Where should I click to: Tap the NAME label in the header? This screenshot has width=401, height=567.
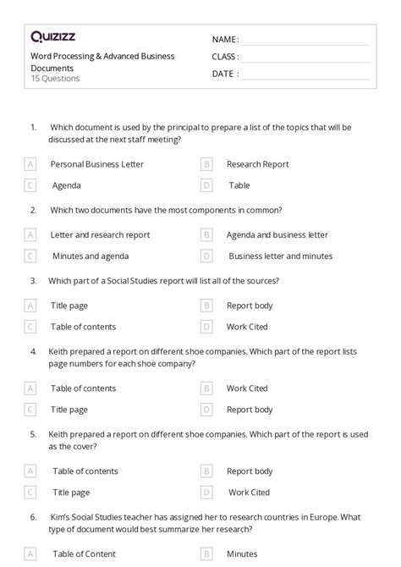coord(224,40)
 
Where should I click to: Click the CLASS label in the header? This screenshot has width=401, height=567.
coord(225,57)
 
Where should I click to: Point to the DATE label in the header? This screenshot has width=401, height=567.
coord(223,74)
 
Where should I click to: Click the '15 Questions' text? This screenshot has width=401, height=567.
coord(55,79)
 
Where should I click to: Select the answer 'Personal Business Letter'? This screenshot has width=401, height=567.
coord(97,164)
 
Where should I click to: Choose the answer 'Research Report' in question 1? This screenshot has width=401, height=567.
coord(257,164)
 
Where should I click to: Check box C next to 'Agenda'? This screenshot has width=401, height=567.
coord(30,184)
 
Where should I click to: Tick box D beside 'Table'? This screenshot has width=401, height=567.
coord(206,184)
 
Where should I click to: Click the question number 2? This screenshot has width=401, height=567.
coord(33,209)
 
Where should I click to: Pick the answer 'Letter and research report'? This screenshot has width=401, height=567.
coord(100,234)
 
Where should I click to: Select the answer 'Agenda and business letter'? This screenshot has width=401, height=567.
coord(277,234)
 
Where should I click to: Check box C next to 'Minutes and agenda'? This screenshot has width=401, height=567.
coord(30,256)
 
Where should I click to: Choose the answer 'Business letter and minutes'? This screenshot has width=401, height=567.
coord(280,256)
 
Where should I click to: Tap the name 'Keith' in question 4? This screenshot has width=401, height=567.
coord(61,350)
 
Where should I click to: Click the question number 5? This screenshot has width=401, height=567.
coord(33,434)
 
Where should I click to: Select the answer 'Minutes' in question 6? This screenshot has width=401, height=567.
coord(241,555)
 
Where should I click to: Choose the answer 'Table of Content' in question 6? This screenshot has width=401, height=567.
coord(84,555)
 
